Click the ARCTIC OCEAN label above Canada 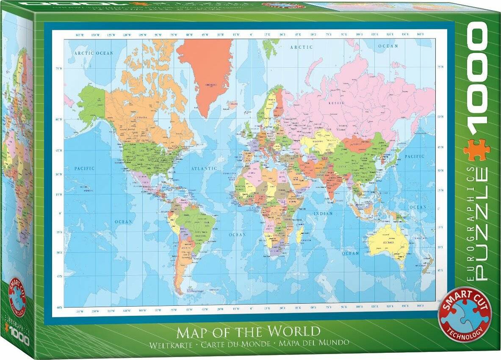pos(94,53)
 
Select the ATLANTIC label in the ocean pos(204,169)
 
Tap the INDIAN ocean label pos(323,213)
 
